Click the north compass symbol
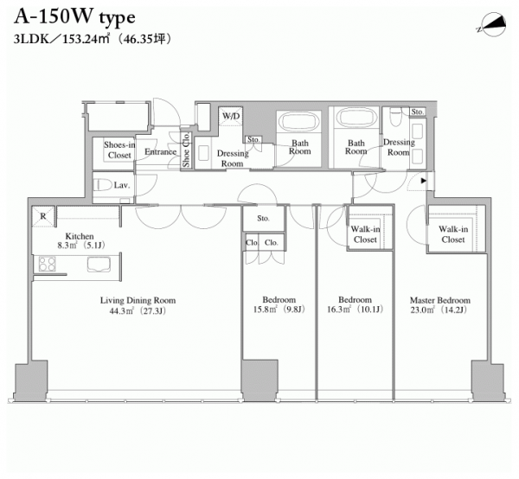pos(491,26)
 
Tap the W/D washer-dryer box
pos(231,116)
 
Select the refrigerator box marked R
pos(43,217)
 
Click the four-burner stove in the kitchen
pos(47,264)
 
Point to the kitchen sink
pos(99,265)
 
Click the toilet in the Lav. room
pos(102,185)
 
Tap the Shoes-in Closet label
pos(119,150)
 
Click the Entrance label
pos(160,152)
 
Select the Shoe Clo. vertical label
pos(186,150)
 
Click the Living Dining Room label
pos(138,300)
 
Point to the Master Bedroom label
pos(440,300)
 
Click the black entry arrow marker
pos(423,181)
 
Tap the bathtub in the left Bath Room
pos(299,122)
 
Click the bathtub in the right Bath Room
pos(356,117)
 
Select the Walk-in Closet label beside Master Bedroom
pos(453,233)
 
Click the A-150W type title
pos(74,17)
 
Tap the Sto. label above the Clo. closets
pos(263,219)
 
